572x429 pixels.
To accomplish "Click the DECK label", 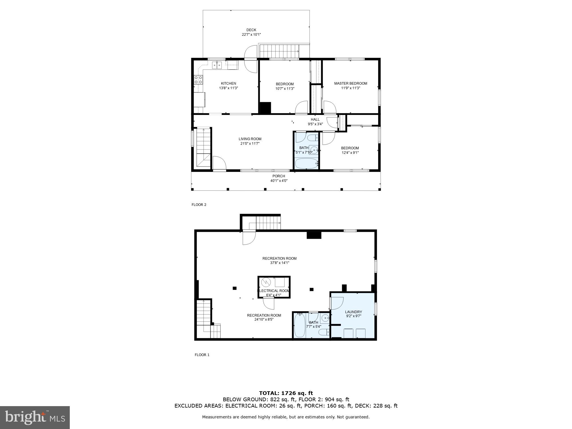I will click(251, 30).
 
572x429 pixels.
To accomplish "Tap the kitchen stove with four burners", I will click(198, 80).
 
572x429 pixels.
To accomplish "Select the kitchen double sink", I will click(217, 65).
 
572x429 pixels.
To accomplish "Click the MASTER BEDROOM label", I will click(351, 84).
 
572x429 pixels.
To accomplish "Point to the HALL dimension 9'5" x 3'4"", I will click(315, 124).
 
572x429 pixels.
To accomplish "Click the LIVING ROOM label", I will click(250, 139).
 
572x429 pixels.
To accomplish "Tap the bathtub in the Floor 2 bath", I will click(306, 164).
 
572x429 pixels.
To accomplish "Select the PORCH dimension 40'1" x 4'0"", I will click(279, 181).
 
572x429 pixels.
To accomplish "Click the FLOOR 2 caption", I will click(199, 205).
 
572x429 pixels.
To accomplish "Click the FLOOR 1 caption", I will click(202, 355).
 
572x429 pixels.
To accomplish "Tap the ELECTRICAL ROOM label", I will click(274, 291).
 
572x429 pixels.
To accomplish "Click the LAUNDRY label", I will click(353, 312).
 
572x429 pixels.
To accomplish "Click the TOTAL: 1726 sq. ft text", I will click(286, 393).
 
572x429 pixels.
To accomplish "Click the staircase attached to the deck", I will click(279, 51).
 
